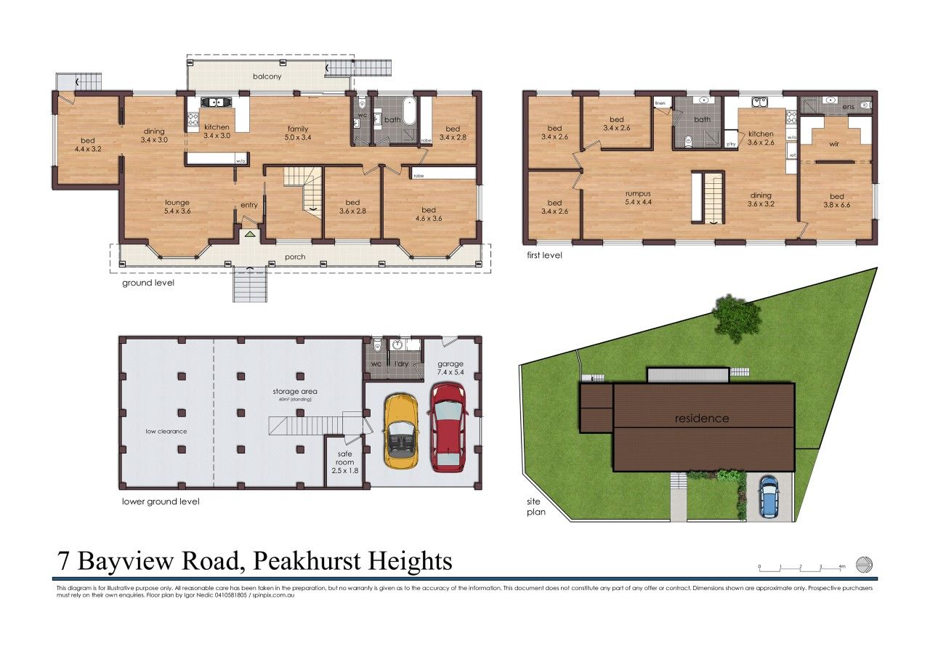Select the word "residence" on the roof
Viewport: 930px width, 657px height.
pos(701,419)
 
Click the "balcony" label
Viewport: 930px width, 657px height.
pos(267,76)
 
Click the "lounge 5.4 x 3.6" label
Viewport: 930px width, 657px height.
pos(177,207)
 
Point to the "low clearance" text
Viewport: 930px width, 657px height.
pos(166,432)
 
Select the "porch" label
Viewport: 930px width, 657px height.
pos(294,256)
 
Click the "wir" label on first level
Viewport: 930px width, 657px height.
pos(836,144)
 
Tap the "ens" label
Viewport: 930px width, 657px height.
pos(846,107)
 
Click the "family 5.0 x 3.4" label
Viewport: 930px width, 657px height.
pos(298,133)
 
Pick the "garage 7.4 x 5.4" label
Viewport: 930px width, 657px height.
pos(450,368)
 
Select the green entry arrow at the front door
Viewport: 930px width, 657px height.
pos(250,234)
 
